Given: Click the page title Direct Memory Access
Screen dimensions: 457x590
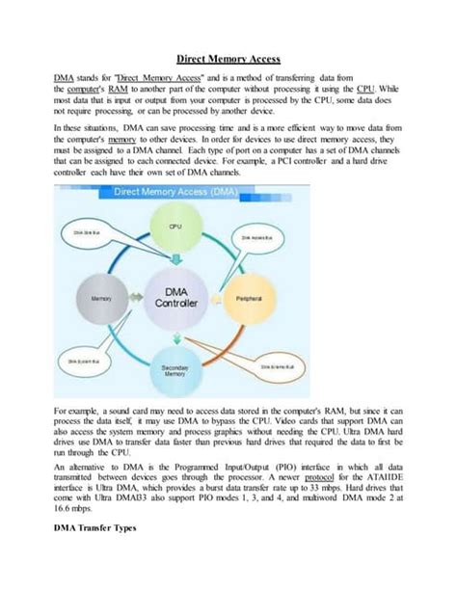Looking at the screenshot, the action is (228, 59).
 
